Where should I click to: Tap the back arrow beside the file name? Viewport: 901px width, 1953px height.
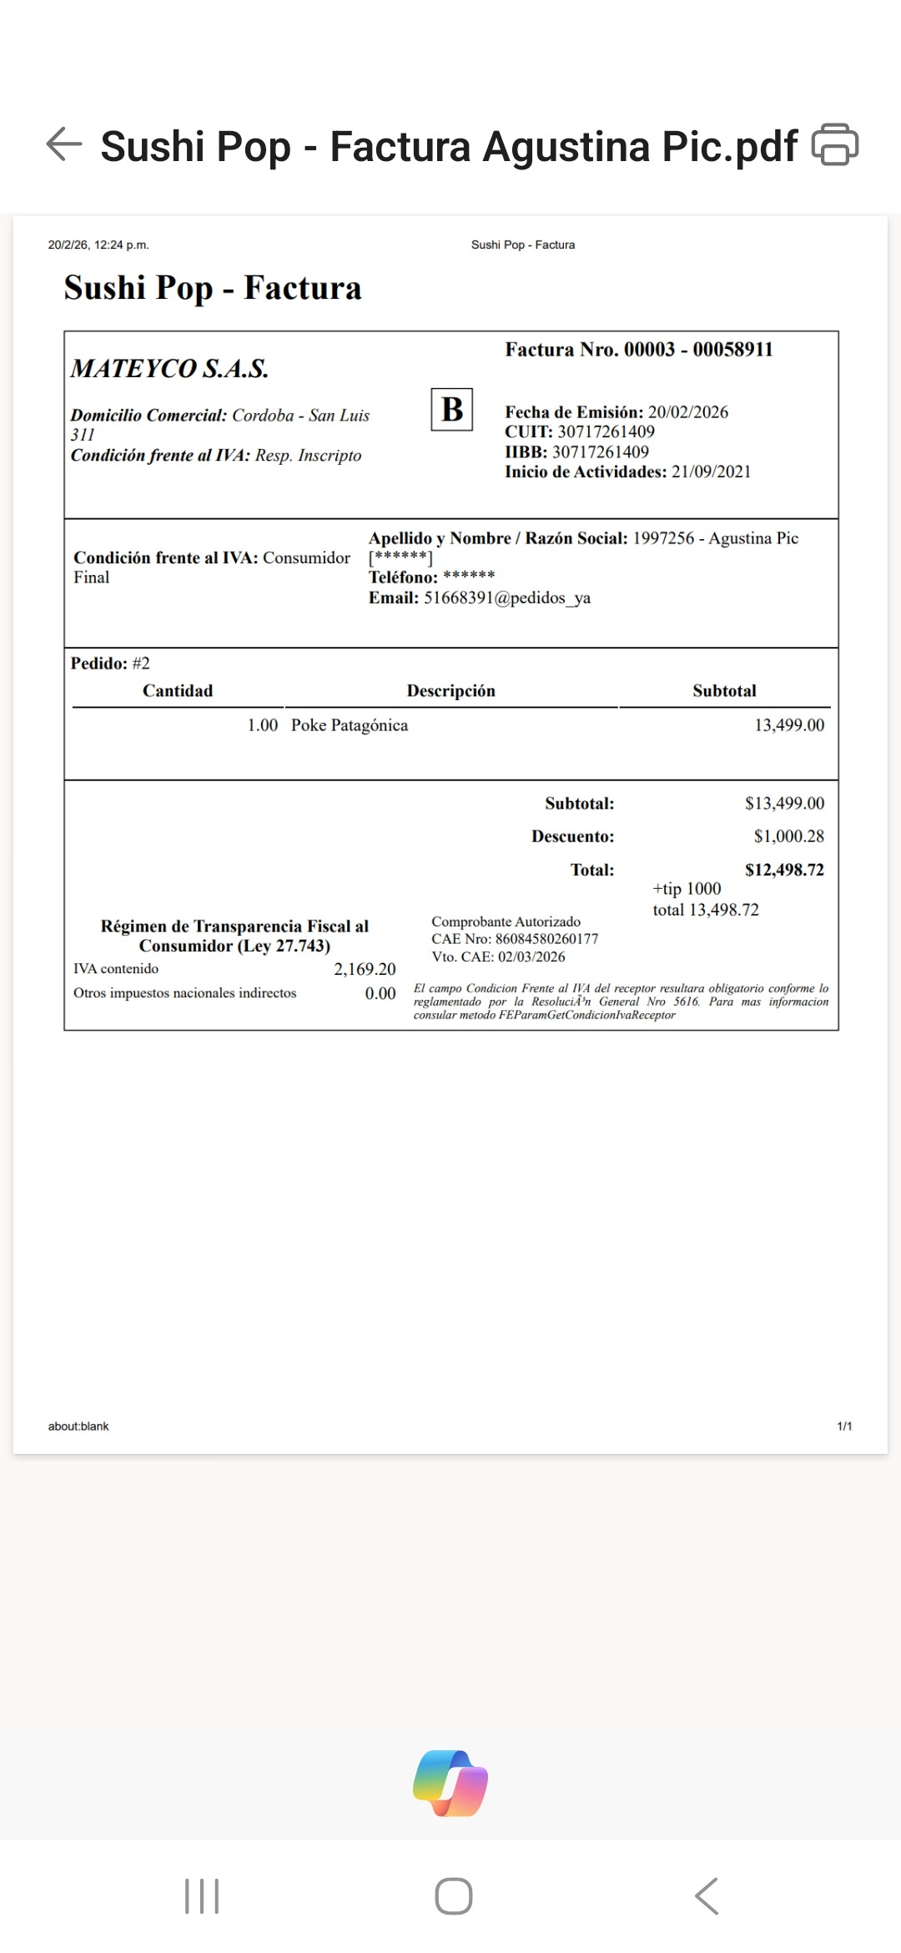[64, 144]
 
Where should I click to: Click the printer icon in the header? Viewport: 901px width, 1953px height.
[834, 144]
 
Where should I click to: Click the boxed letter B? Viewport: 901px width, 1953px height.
[452, 409]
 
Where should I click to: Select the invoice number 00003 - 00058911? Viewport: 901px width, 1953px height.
[698, 350]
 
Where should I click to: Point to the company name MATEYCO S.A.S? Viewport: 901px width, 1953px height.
[169, 369]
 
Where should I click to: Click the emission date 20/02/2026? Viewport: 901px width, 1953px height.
[687, 412]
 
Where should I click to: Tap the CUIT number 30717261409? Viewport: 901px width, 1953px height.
[606, 432]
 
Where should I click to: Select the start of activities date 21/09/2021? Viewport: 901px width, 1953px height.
[711, 472]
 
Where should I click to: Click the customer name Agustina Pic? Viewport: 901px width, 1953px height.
[753, 538]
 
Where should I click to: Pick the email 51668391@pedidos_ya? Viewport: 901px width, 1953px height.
[506, 598]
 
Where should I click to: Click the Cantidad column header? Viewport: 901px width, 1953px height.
[178, 691]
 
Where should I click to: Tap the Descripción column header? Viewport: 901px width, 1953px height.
[450, 691]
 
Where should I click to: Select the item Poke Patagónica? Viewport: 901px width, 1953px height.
[350, 725]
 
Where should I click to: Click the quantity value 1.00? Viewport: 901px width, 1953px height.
[262, 725]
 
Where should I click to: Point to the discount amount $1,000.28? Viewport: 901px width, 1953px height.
[788, 836]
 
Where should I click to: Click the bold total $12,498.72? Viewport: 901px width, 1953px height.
[784, 870]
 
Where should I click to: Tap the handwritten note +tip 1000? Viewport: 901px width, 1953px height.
[687, 889]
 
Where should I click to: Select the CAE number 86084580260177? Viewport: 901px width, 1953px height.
[546, 939]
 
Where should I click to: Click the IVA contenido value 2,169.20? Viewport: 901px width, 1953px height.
[365, 969]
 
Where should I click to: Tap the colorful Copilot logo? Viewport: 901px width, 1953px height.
[450, 1783]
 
